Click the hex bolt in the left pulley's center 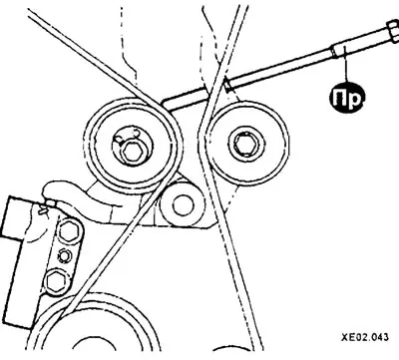[x=133, y=153]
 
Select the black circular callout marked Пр [x=347, y=98]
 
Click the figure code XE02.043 [x=364, y=337]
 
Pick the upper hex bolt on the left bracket [x=69, y=230]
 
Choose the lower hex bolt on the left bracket [x=55, y=281]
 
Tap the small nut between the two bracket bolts [x=64, y=255]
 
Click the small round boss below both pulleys [x=182, y=204]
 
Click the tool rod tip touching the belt [x=227, y=83]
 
